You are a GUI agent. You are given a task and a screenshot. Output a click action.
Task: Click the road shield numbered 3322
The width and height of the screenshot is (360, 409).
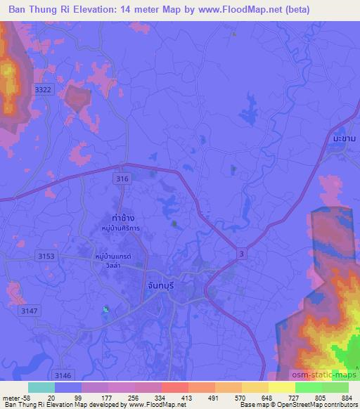tap(44, 90)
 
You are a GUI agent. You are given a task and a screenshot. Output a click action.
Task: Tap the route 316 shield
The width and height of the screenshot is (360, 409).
tap(122, 180)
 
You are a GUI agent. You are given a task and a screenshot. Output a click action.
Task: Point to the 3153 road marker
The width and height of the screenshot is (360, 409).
tap(46, 257)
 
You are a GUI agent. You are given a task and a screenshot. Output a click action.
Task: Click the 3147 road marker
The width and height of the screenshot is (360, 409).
tap(30, 310)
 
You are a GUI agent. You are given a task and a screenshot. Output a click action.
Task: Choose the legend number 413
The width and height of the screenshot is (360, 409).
tap(178, 398)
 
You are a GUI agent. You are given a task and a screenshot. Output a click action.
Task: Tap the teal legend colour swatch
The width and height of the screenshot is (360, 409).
tap(41, 387)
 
